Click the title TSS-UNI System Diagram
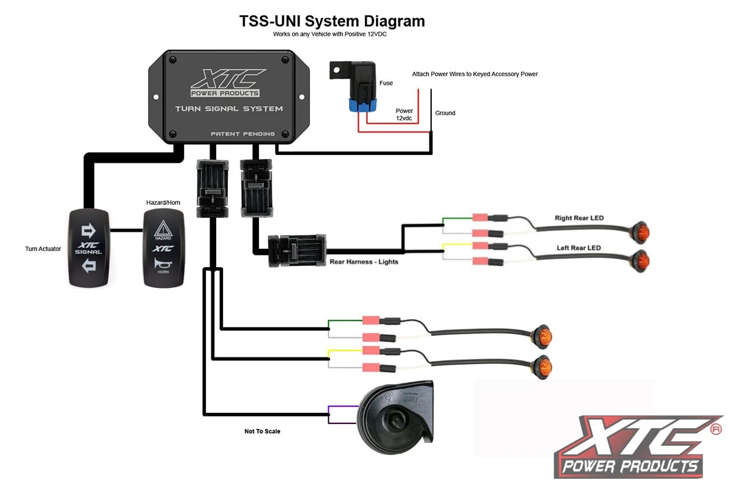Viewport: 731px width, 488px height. click(331, 21)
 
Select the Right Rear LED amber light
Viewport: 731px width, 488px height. click(639, 232)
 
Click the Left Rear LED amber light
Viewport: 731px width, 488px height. click(639, 259)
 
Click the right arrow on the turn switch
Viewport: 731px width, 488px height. click(89, 230)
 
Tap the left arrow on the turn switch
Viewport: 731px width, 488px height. click(89, 265)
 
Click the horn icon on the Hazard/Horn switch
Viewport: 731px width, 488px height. click(163, 264)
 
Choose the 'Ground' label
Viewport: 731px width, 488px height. click(445, 113)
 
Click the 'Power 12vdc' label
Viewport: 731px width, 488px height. click(404, 115)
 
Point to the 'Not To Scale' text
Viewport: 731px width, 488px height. click(262, 431)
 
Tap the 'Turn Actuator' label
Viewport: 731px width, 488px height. click(43, 249)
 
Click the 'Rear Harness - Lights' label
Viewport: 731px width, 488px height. click(364, 262)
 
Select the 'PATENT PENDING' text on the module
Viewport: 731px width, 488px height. click(242, 134)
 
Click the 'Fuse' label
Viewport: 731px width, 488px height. click(386, 83)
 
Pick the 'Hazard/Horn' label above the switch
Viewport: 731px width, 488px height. click(163, 202)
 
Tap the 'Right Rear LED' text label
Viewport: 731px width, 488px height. click(579, 218)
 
